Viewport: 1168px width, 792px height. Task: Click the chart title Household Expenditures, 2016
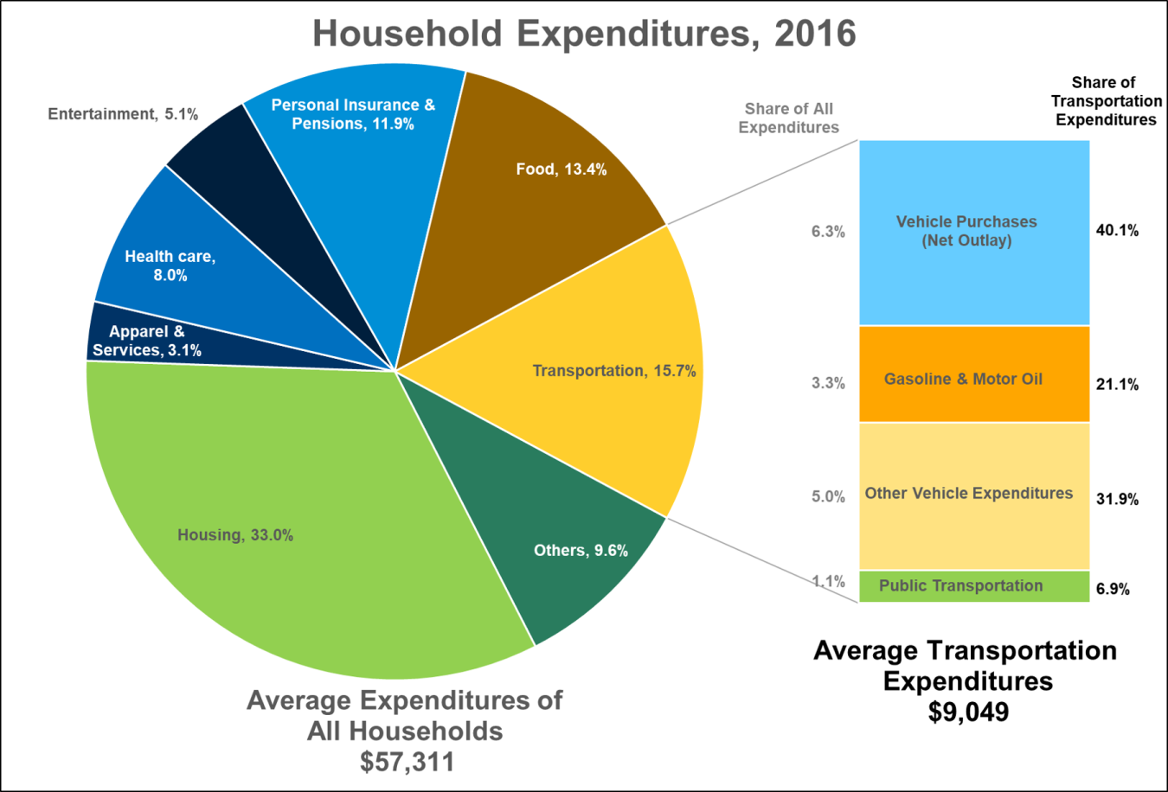click(x=584, y=35)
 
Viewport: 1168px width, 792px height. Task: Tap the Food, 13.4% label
click(x=561, y=169)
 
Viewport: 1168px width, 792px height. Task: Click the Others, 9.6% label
click(x=581, y=551)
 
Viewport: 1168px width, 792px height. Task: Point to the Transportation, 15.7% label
click(x=613, y=371)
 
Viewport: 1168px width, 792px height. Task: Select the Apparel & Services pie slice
click(x=147, y=342)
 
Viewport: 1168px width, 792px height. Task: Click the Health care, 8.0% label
click(x=170, y=265)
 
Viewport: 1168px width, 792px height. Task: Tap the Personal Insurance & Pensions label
click(x=353, y=114)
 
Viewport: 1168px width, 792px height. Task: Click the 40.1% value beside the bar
click(x=1117, y=231)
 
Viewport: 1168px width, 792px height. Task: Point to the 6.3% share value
click(x=828, y=232)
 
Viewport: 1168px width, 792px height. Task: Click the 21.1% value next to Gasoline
click(x=1117, y=385)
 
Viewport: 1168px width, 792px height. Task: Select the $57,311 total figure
click(x=406, y=762)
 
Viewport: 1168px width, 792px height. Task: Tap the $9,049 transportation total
click(x=968, y=712)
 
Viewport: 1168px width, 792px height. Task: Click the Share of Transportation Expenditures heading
click(x=1105, y=101)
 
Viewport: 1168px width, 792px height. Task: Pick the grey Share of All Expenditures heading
click(x=788, y=118)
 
